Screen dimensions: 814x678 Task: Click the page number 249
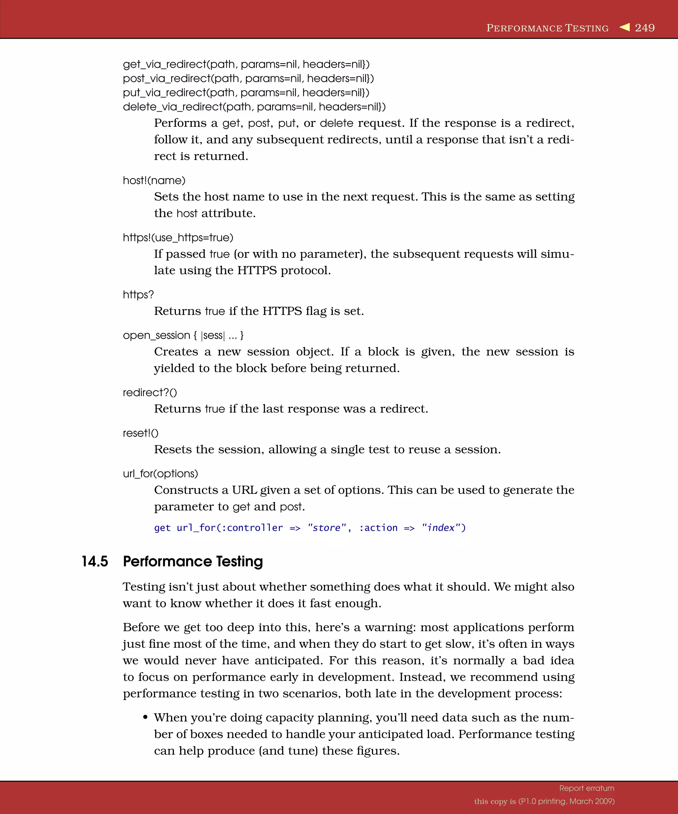tap(644, 28)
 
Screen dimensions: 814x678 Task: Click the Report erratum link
tap(587, 788)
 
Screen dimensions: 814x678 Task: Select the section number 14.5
tap(95, 561)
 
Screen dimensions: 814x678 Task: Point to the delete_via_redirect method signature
tap(254, 107)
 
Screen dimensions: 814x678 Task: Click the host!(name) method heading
tap(154, 180)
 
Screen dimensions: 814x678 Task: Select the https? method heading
tap(138, 295)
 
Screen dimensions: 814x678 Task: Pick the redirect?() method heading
tap(150, 393)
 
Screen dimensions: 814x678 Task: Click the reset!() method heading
tap(140, 433)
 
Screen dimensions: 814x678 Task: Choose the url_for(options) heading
tap(160, 474)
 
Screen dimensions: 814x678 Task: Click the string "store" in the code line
tap(327, 528)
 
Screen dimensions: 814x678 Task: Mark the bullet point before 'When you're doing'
tap(145, 717)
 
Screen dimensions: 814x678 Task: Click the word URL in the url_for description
tap(244, 490)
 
